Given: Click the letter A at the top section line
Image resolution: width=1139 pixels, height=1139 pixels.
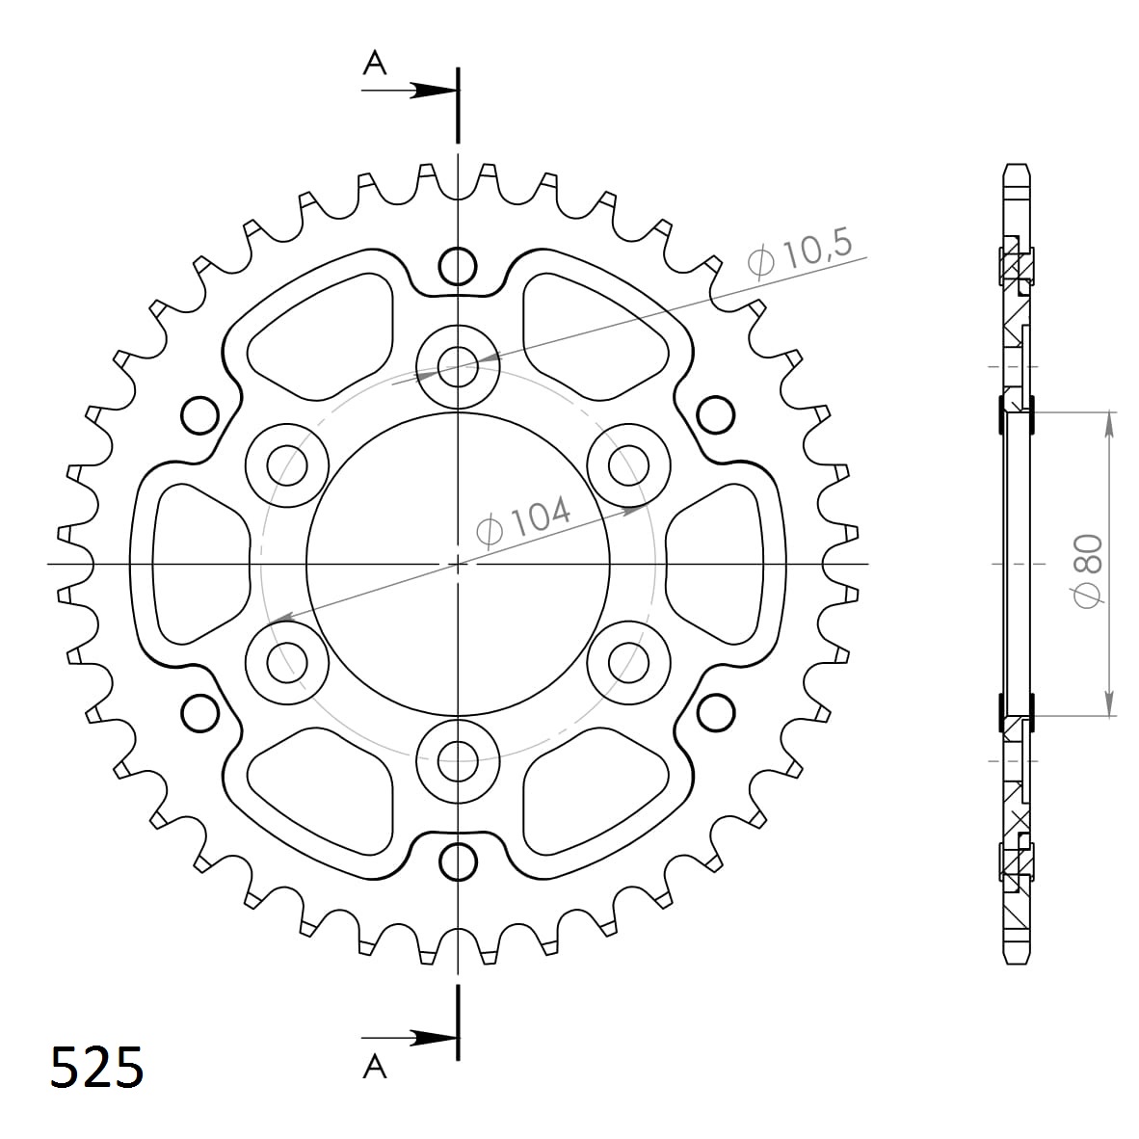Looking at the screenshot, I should (374, 64).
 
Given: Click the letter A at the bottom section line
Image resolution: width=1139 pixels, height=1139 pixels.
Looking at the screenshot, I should (374, 1066).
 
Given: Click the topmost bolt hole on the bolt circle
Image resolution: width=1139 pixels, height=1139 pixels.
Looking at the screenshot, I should (458, 365).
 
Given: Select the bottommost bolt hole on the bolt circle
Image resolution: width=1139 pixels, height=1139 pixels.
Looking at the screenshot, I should (458, 761).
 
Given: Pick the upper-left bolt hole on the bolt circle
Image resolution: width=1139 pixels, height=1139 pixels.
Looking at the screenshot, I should (286, 465).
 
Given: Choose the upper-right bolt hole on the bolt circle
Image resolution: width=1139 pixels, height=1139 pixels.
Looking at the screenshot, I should (629, 465).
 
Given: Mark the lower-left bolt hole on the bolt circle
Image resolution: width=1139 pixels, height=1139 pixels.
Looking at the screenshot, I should (286, 663).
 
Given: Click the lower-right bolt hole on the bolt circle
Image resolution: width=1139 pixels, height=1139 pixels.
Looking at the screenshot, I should (629, 663).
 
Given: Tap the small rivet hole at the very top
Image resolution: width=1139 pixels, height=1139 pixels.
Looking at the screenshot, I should (458, 264).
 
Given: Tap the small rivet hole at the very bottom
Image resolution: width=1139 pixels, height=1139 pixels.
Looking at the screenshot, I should (458, 861).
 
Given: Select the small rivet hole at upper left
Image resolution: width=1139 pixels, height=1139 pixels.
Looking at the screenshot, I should (199, 414).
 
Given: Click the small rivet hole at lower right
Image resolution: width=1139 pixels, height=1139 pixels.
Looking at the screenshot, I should (716, 712).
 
